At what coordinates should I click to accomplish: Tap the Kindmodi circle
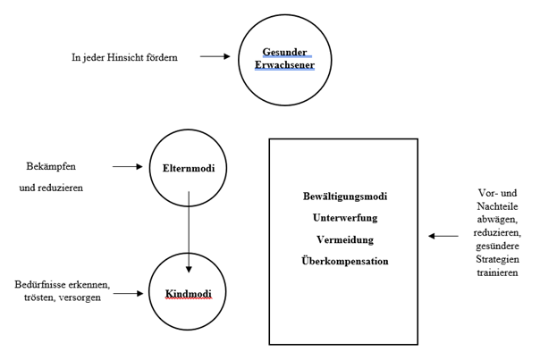pos(190,292)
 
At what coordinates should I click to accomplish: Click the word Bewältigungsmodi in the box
pos(343,197)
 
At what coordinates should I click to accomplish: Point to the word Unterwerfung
pos(343,218)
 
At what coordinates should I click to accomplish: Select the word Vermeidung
pos(343,239)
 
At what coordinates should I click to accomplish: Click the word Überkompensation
pos(343,261)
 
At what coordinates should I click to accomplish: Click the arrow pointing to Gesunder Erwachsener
pos(214,57)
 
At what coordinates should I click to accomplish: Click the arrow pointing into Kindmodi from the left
pos(128,292)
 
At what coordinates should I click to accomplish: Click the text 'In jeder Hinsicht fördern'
pos(125,57)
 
